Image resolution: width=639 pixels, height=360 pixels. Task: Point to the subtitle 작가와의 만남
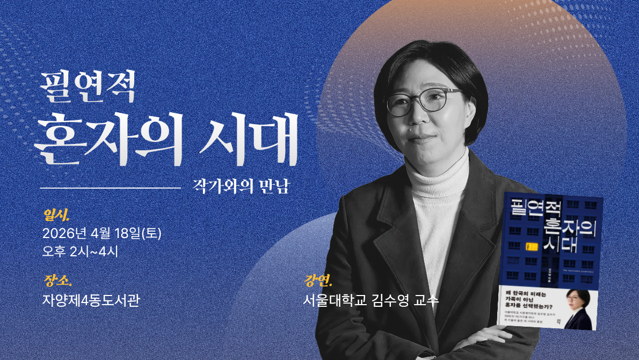pos(241,186)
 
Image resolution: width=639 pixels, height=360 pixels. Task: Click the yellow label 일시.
pos(56,216)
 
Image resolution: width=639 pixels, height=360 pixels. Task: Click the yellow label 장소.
pos(56,280)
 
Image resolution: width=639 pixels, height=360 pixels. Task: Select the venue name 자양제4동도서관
pos(91,299)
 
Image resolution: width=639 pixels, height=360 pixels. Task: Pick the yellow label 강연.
pos(318,280)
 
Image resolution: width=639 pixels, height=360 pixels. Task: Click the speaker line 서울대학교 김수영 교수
pos(371,299)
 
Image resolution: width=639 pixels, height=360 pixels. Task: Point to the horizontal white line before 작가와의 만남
pos(110,188)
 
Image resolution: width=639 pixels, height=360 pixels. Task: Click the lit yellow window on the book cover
pos(529,247)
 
